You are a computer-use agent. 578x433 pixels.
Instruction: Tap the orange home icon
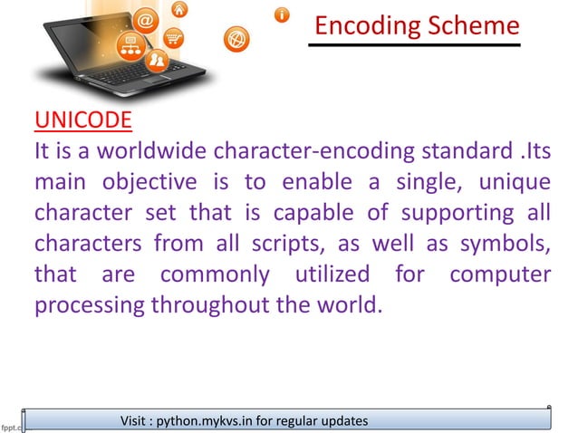tap(180, 10)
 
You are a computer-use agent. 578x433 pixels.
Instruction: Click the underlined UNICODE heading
tap(82, 120)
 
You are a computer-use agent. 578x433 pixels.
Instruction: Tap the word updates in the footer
tap(340, 420)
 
